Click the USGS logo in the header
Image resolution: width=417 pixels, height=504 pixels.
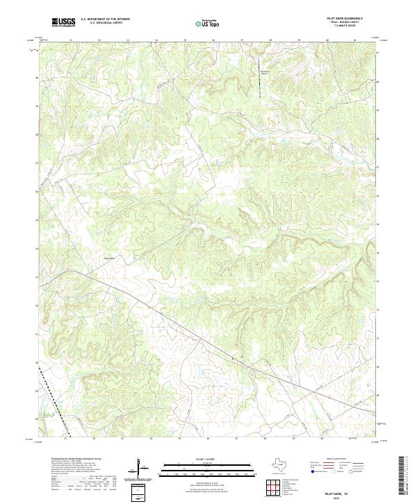63,22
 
